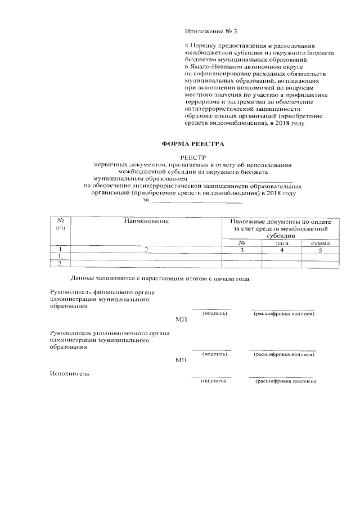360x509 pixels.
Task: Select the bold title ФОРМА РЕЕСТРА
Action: [x=186, y=144]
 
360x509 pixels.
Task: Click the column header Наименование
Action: [x=147, y=222]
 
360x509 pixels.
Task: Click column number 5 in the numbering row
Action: [x=320, y=250]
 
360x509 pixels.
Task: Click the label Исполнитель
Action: [x=69, y=373]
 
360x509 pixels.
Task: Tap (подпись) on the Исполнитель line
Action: [x=213, y=381]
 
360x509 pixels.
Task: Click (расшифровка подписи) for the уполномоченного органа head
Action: [x=283, y=355]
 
